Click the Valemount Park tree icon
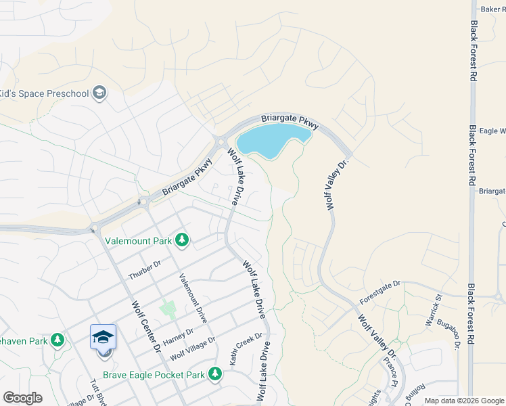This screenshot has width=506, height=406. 181,240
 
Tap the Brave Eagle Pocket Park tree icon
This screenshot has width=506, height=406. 215,374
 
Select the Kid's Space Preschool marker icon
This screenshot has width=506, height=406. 99,93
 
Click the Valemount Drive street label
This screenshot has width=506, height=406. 193,298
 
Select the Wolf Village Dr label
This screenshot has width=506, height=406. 193,348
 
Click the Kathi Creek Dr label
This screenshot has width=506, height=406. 246,349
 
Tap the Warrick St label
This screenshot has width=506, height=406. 433,311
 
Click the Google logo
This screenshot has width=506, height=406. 22,398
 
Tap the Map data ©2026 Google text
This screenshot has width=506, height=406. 464,401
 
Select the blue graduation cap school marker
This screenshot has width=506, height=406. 103,338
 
